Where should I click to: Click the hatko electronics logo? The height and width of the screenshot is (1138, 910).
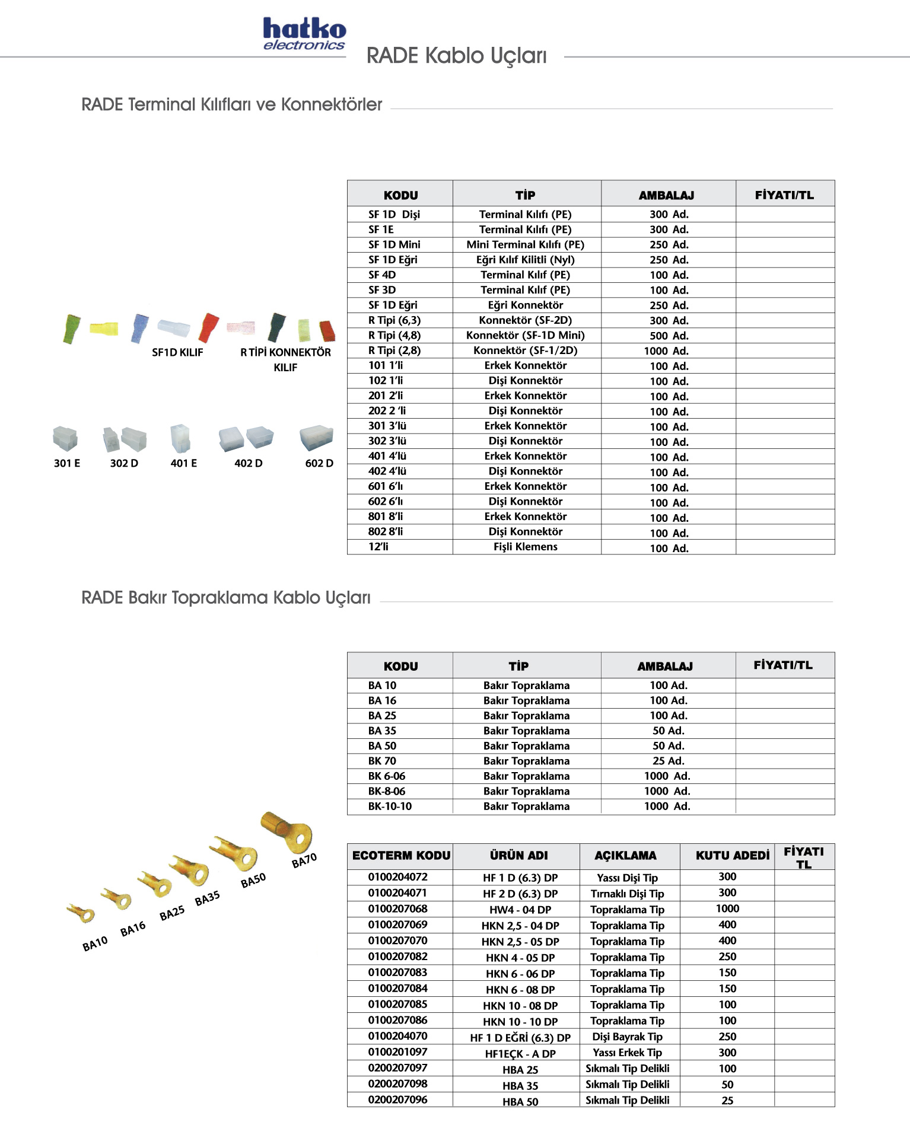304,34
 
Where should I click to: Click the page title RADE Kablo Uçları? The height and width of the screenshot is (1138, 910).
456,56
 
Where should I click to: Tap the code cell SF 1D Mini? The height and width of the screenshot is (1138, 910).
394,244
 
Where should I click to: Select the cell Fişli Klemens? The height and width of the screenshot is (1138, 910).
526,547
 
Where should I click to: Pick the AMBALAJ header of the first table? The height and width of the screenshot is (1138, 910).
666,195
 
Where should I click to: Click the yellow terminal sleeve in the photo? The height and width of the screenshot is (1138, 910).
104,328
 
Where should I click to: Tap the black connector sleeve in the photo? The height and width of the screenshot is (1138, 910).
276,327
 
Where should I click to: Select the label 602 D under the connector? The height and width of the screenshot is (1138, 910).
319,463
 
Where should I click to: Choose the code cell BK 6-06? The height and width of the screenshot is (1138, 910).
387,776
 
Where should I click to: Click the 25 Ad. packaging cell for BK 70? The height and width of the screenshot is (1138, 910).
669,761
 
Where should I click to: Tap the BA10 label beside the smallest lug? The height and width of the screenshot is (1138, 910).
95,943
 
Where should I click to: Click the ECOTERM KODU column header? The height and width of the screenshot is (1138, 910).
401,855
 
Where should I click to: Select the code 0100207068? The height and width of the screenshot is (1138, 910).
397,909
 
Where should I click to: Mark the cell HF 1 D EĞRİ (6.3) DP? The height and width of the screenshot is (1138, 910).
520,1037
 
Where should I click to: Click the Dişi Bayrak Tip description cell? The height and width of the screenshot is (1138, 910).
627,1037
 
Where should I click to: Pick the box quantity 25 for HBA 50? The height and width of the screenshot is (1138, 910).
727,1100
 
